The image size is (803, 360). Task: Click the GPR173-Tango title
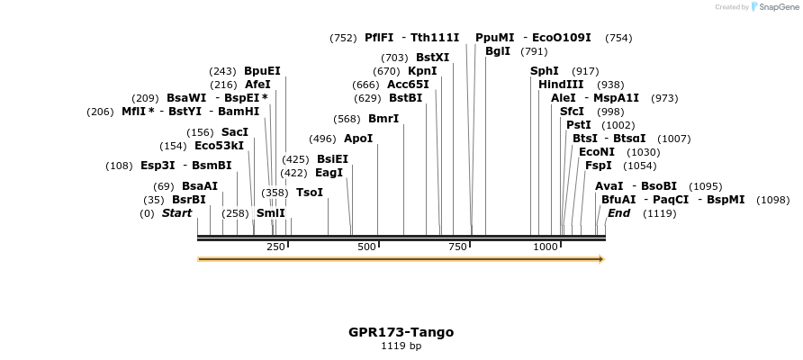pyautogui.click(x=401, y=332)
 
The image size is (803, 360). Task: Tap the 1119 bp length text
pyautogui.click(x=401, y=346)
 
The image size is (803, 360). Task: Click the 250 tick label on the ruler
pyautogui.click(x=275, y=247)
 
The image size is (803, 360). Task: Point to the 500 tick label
pyautogui.click(x=366, y=247)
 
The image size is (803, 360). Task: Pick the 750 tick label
pyautogui.click(x=457, y=247)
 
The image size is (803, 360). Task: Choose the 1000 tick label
pyautogui.click(x=546, y=247)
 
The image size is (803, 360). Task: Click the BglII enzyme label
pyautogui.click(x=498, y=51)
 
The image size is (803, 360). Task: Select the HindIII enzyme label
pyautogui.click(x=561, y=85)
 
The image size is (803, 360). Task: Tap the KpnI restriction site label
pyautogui.click(x=422, y=71)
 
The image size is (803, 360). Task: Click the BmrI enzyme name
pyautogui.click(x=383, y=119)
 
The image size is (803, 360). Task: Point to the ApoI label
pyautogui.click(x=358, y=139)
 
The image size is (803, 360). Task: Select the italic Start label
pyautogui.click(x=176, y=213)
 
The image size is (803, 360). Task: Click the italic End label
pyautogui.click(x=619, y=213)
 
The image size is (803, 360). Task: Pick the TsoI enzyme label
pyautogui.click(x=310, y=193)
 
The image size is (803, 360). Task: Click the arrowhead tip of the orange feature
pyautogui.click(x=602, y=259)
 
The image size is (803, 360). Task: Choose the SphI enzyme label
pyautogui.click(x=545, y=71)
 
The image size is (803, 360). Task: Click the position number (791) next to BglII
pyautogui.click(x=534, y=51)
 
